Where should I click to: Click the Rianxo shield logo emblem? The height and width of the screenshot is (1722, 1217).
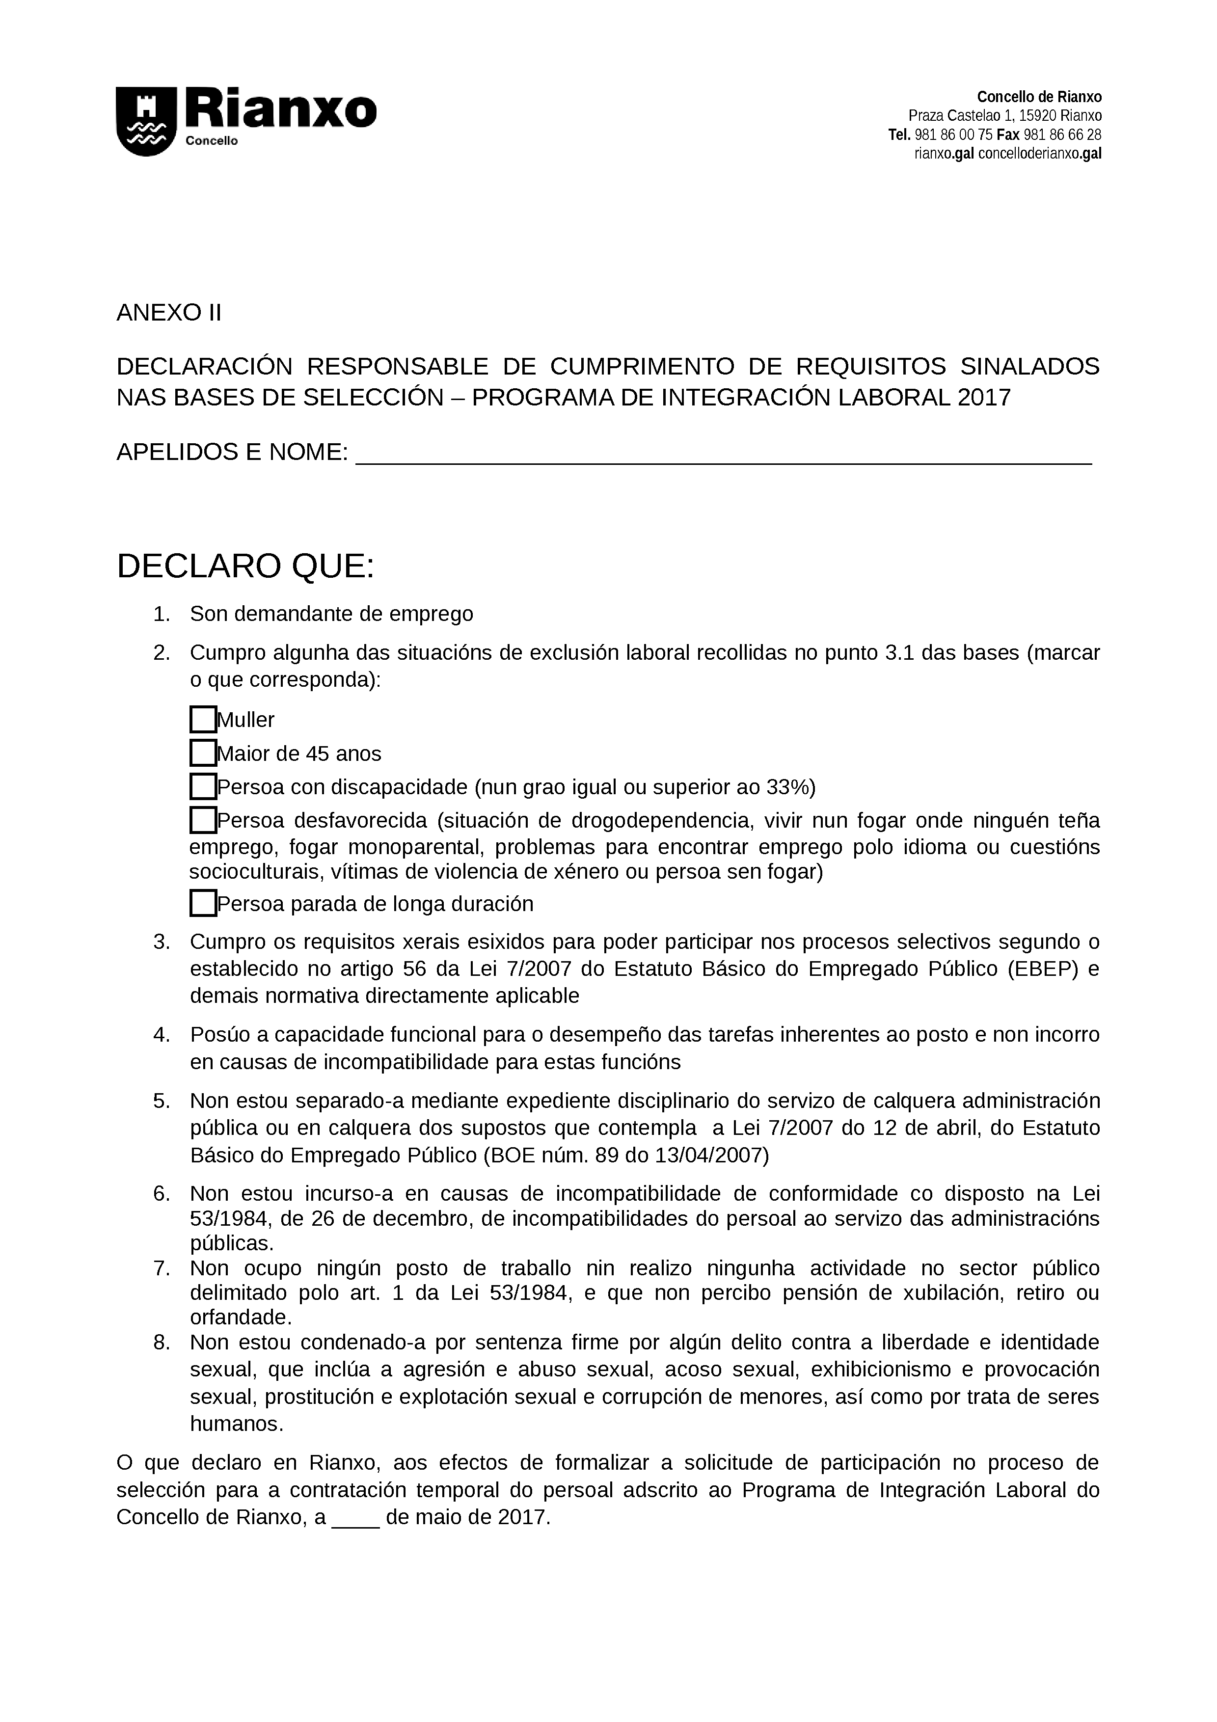coord(145,122)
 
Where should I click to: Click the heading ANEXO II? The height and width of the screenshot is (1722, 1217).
coord(169,313)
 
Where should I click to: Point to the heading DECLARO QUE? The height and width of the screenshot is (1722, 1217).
coord(245,566)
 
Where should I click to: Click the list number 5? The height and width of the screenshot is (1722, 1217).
coord(162,1101)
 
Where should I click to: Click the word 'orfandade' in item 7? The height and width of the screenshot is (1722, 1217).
coord(239,1317)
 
